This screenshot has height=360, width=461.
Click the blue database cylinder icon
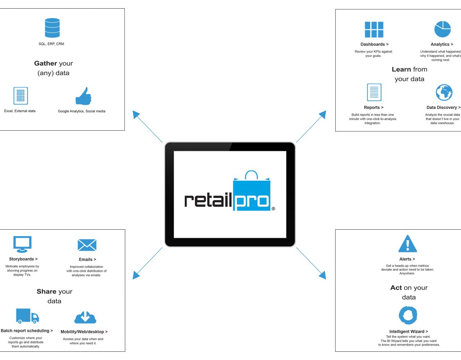pos(52,28)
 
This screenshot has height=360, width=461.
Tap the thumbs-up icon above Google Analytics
pos(83,96)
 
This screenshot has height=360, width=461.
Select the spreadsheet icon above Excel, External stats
pos(21,96)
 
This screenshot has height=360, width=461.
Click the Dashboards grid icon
pos(374,30)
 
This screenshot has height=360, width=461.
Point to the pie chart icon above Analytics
pos(443,29)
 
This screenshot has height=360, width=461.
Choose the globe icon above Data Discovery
pos(444,93)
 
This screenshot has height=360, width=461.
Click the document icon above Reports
pos(374,93)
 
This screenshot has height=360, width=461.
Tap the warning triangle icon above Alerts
pos(408,244)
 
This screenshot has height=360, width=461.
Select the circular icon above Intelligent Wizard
pos(408,315)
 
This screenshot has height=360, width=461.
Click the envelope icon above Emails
pos(87,245)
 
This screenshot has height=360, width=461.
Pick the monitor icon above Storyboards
pos(22,244)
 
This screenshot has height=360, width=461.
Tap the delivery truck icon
pos(27,316)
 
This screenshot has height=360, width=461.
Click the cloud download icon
pos(85,317)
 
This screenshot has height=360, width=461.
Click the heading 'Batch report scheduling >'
pos(27,331)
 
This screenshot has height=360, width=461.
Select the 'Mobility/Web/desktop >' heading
pos(84,332)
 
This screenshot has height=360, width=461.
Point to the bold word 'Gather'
pos(46,63)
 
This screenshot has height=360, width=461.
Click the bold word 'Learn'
pos(401,69)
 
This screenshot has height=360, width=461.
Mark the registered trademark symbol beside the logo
pos(273,209)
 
